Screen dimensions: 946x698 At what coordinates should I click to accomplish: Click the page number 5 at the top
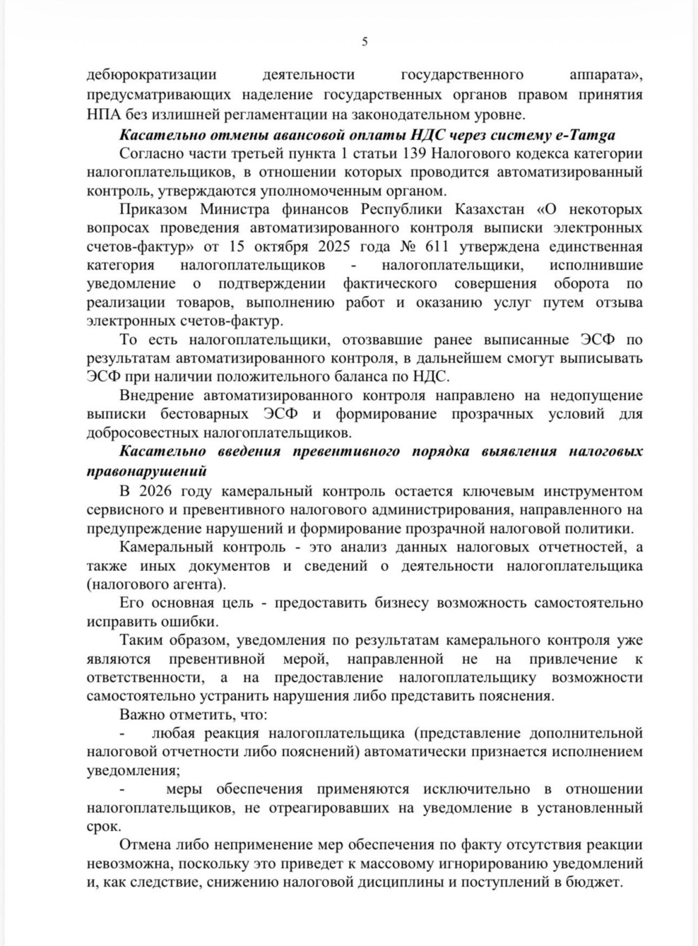[364, 41]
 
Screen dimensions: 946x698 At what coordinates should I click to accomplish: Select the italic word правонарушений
[147, 471]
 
